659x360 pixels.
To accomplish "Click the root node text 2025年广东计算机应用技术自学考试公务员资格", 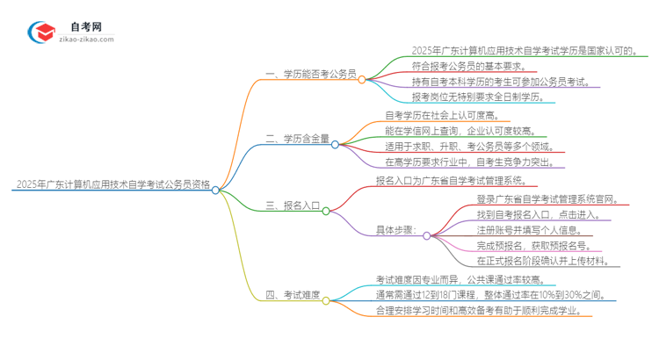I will pos(112,185).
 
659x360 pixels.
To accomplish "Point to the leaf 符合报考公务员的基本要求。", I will pos(479,66).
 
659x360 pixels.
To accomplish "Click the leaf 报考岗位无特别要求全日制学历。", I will pos(483,97).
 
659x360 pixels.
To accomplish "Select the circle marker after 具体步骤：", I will pos(427,236).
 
